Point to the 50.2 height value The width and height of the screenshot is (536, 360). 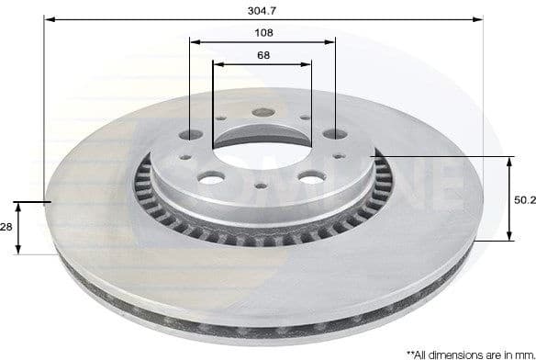[524, 198]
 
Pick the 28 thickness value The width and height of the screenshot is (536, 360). [7, 226]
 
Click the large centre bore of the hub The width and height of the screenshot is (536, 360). [262, 138]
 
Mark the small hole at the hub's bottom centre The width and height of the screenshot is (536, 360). [262, 187]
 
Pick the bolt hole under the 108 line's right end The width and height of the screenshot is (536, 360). [334, 134]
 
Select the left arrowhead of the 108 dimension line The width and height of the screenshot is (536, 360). [194, 41]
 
